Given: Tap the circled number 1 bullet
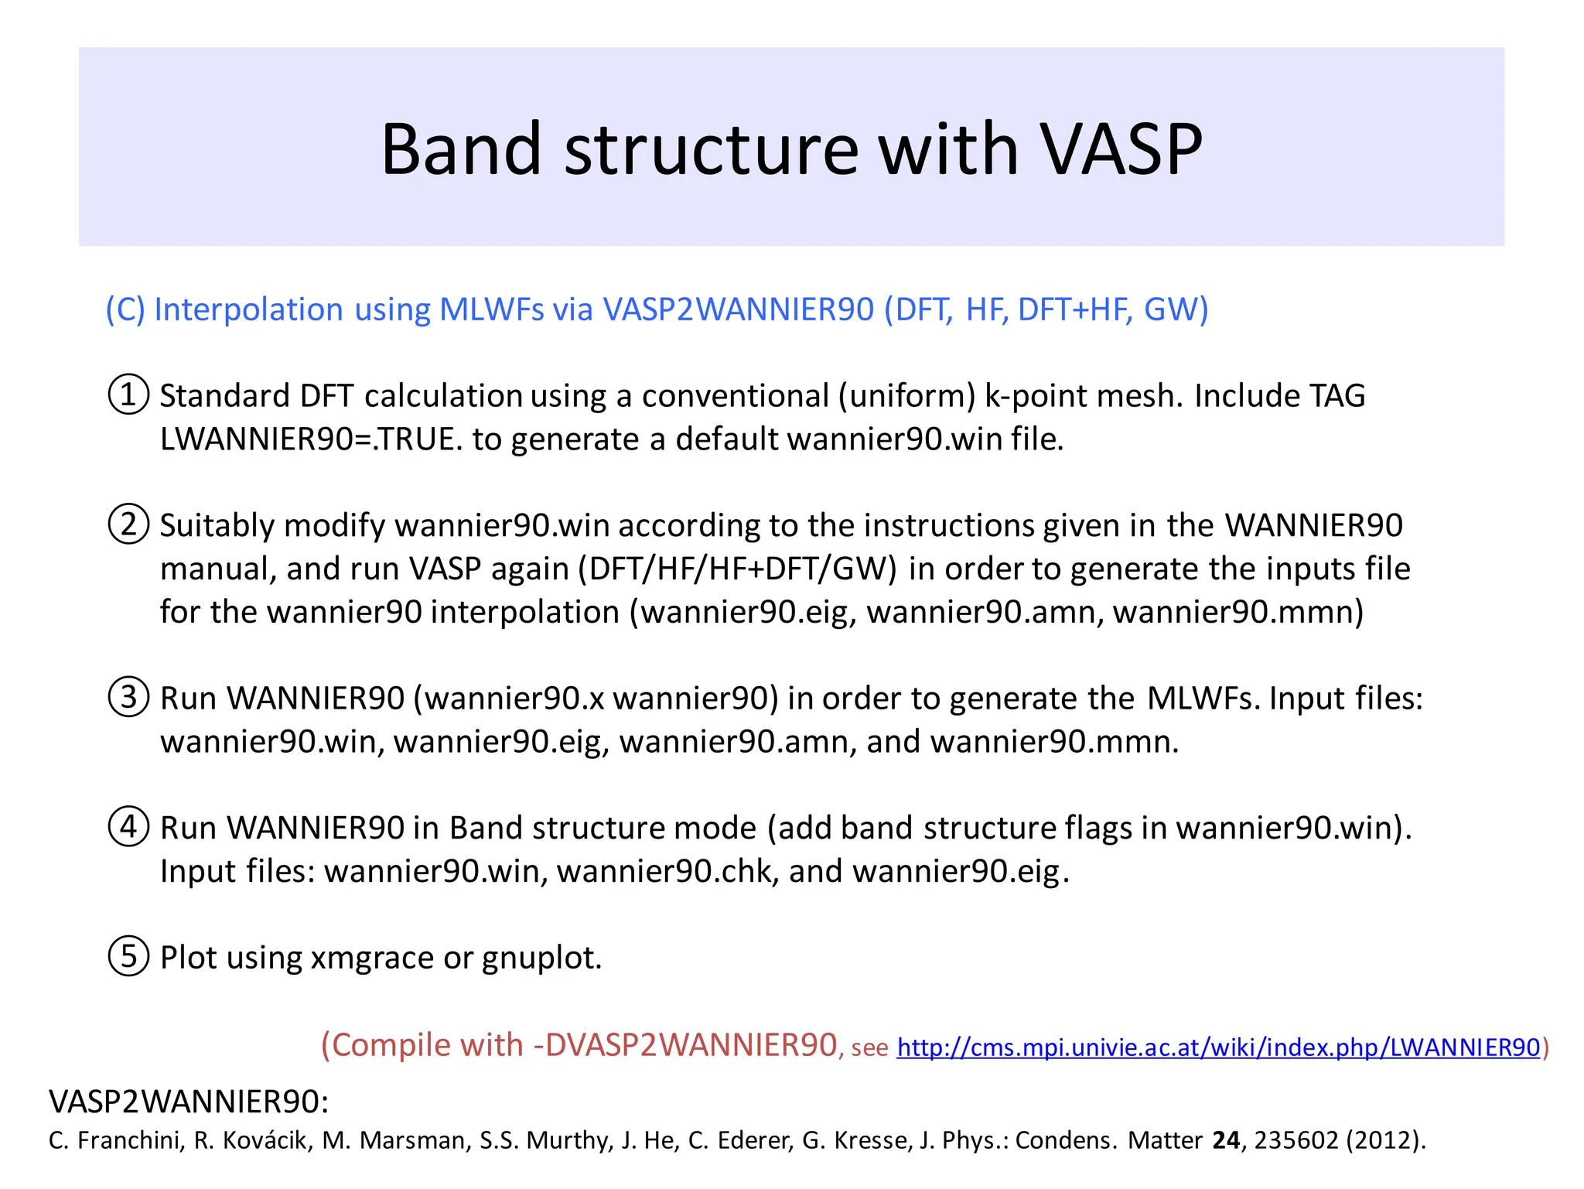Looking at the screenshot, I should tap(128, 395).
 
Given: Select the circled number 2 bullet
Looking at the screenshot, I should tap(128, 524).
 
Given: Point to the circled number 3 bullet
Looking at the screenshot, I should tap(128, 697).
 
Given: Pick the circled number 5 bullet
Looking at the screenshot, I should tap(128, 956).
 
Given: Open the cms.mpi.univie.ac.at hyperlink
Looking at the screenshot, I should tap(1218, 1047).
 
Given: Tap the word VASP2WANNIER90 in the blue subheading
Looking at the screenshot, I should tap(738, 309).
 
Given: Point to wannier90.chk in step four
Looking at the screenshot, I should tap(667, 871).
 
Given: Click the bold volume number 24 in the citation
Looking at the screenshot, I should tap(1226, 1140).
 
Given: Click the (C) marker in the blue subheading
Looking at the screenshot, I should tap(125, 309).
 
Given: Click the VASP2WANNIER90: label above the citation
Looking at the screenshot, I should tap(189, 1102).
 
